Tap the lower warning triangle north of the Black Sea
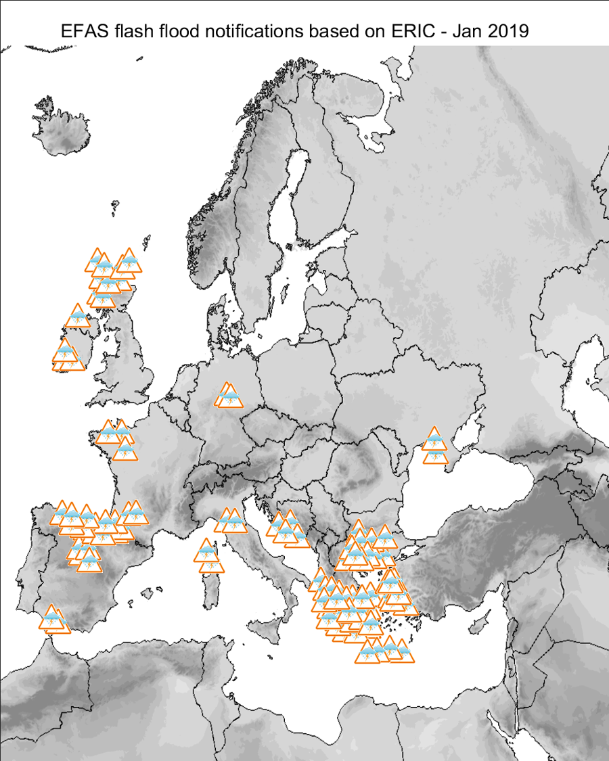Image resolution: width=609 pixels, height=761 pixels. tap(435, 455)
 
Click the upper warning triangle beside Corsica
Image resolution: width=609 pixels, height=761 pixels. tap(206, 552)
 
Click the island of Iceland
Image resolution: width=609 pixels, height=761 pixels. tap(65, 132)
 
